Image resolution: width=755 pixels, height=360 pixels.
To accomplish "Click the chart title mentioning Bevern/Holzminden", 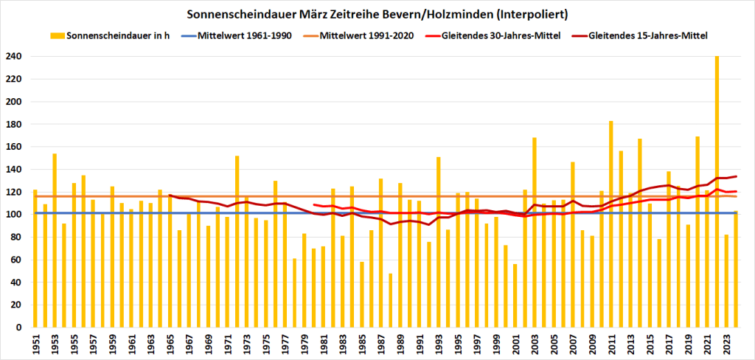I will [x=377, y=13].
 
